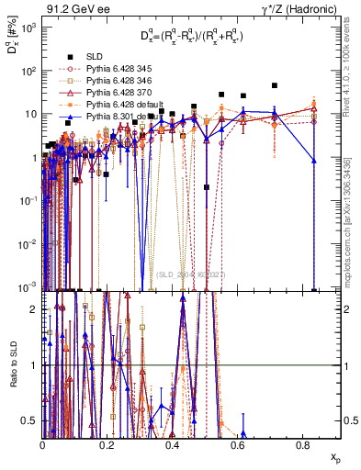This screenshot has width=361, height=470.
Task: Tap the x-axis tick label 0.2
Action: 107,444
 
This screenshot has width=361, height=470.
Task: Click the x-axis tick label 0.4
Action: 173,444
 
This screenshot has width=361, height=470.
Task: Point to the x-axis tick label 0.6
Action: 238,444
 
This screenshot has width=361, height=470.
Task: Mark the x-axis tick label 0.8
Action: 303,444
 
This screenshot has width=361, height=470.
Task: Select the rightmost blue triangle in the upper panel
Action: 314,161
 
